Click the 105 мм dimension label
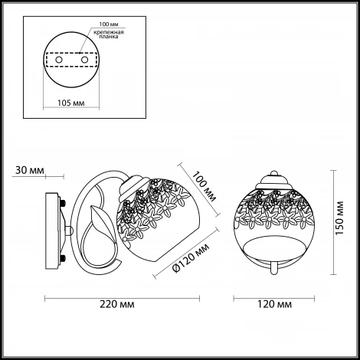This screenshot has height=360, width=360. coord(70,103)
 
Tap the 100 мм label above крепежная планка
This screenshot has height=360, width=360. coord(109,25)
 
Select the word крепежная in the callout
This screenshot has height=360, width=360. coord(109,32)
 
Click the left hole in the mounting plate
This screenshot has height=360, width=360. coord(59,60)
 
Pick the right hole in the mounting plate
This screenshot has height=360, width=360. coord(84,60)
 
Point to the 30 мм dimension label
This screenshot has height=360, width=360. coord(30,170)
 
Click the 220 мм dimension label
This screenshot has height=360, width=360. coord(117,304)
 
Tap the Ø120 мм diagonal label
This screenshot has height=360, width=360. coord(191,258)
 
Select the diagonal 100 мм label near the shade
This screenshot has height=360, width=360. coord(205,187)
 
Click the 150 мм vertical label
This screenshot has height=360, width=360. coord(339,218)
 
